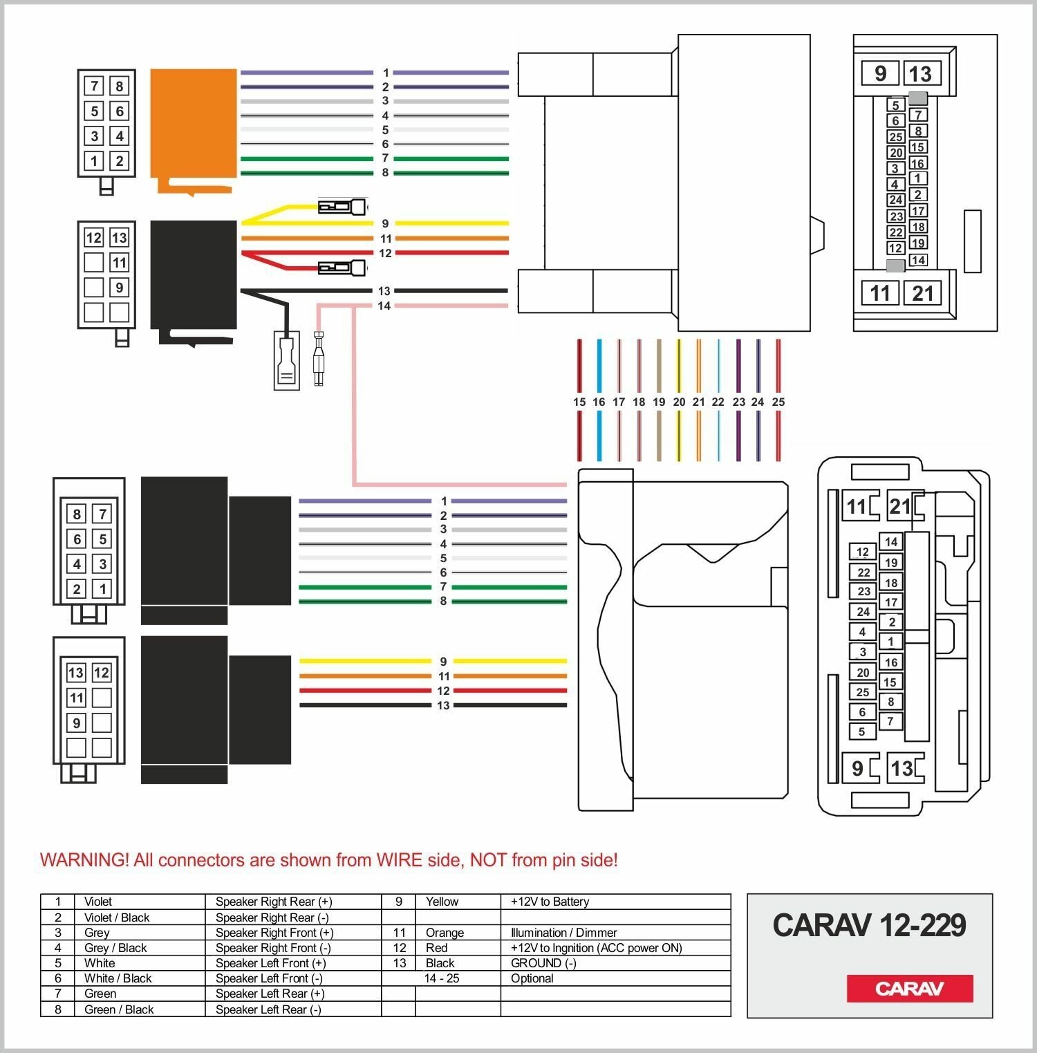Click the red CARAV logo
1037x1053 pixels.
click(909, 988)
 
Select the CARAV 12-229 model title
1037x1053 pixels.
click(869, 925)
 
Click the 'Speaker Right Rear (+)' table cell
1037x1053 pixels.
click(274, 902)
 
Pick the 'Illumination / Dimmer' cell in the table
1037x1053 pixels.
click(563, 933)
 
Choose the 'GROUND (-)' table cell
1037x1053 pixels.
click(543, 963)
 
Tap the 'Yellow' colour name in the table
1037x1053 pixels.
click(442, 902)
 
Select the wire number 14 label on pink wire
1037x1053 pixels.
click(384, 306)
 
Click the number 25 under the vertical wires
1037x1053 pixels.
click(778, 402)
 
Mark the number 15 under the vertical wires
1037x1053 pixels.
click(579, 402)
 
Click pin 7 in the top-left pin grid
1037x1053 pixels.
click(94, 86)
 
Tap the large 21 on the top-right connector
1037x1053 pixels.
click(922, 293)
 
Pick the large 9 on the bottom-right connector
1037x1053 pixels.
click(857, 768)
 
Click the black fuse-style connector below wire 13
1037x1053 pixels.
click(286, 360)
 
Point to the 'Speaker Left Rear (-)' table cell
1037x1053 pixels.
click(268, 1009)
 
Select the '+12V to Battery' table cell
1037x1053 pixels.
click(550, 902)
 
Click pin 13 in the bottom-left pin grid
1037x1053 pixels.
click(76, 673)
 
